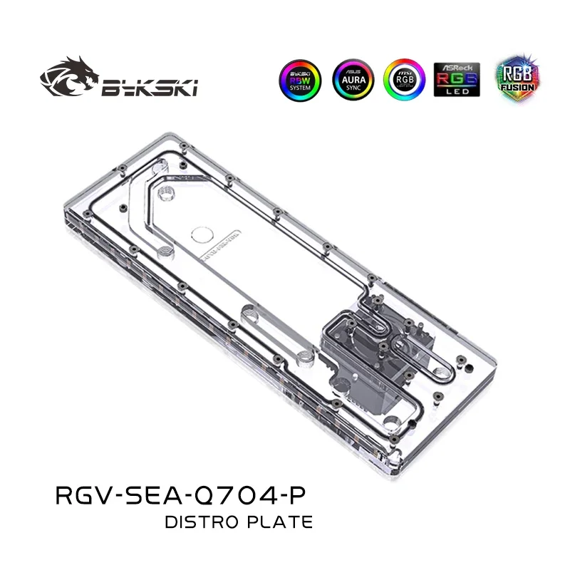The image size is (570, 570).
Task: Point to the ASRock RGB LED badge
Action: (456, 81)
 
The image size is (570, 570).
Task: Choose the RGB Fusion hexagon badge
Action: (510, 80)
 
